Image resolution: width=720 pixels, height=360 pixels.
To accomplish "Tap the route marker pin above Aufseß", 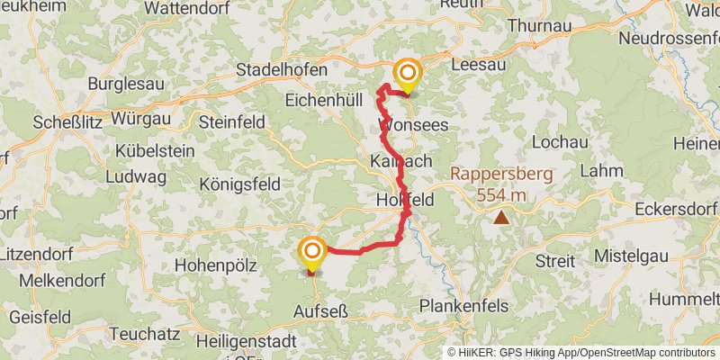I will click(x=312, y=251).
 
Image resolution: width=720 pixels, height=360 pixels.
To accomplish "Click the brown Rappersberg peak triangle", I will click(x=500, y=217).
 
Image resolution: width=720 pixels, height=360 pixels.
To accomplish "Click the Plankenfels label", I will click(x=463, y=306).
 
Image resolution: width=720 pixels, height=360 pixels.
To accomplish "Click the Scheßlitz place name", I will click(x=70, y=121).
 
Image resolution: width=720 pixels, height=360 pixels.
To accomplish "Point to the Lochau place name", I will click(x=560, y=142).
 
